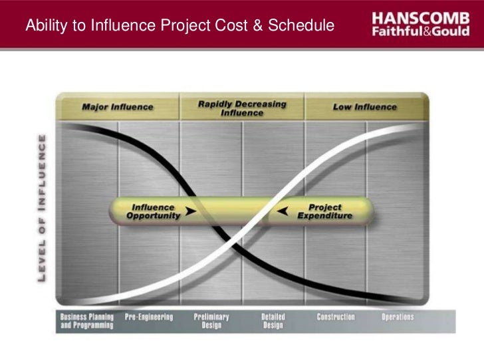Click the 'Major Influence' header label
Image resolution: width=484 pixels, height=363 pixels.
coord(118,106)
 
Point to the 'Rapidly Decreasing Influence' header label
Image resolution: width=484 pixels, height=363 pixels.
coord(242,108)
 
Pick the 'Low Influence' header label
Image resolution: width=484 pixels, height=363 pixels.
coord(364,106)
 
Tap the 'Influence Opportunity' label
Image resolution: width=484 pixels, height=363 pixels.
coord(153,212)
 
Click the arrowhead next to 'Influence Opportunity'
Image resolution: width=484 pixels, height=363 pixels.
coord(191,212)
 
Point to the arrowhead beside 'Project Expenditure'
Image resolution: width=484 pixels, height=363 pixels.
coord(283,212)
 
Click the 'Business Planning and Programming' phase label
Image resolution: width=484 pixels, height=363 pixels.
coord(86,321)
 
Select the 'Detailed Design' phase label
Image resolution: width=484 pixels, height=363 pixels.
coord(273,321)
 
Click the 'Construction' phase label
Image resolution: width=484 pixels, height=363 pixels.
coord(336,317)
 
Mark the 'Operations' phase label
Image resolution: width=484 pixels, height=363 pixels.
coord(398,317)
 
